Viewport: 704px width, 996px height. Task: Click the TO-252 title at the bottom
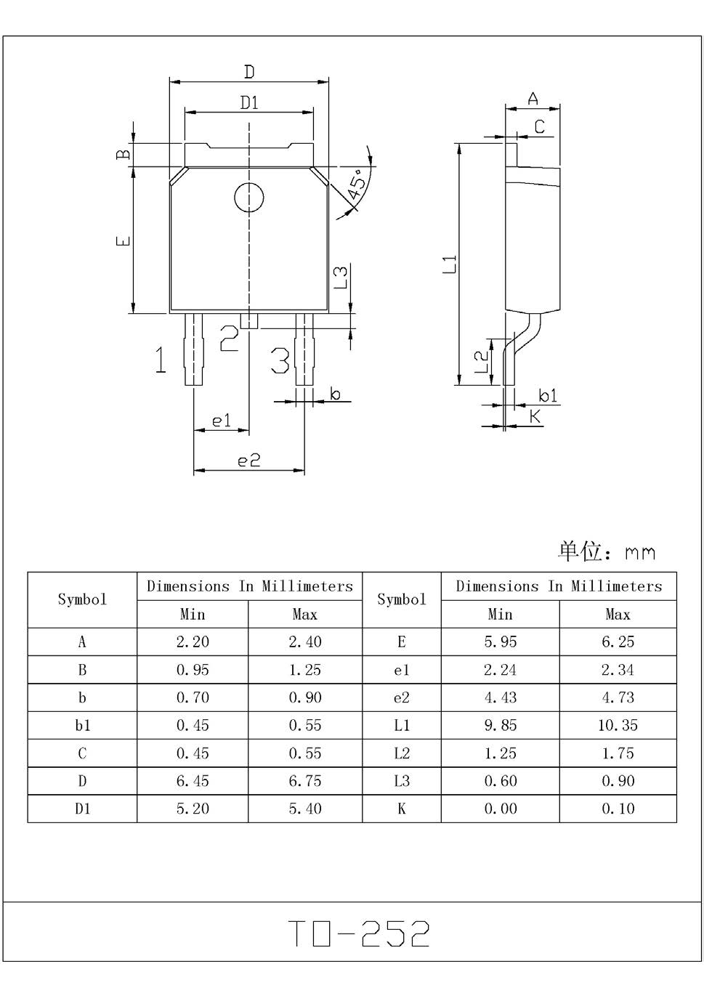(x=359, y=934)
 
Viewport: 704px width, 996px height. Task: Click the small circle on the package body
(x=248, y=198)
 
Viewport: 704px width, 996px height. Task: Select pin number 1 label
(x=161, y=360)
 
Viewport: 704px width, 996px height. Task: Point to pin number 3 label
(x=280, y=360)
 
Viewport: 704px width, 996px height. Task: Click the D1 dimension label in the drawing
(x=249, y=102)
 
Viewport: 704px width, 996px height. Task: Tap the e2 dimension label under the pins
(x=248, y=460)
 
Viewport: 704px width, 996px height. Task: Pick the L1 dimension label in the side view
(x=450, y=264)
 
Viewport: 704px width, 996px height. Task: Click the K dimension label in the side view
(x=535, y=416)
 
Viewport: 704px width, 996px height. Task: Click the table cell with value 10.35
(x=618, y=725)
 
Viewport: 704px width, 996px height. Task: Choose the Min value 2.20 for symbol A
(x=193, y=641)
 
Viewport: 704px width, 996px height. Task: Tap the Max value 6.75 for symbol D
(x=304, y=781)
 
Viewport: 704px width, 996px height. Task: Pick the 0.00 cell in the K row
(x=501, y=809)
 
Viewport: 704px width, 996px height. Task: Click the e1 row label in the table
(x=401, y=670)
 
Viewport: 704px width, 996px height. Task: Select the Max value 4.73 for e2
(x=618, y=697)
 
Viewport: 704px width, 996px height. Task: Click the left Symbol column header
(x=82, y=599)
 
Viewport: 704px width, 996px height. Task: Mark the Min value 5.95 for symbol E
(x=501, y=641)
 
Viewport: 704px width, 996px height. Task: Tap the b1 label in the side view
(x=548, y=395)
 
